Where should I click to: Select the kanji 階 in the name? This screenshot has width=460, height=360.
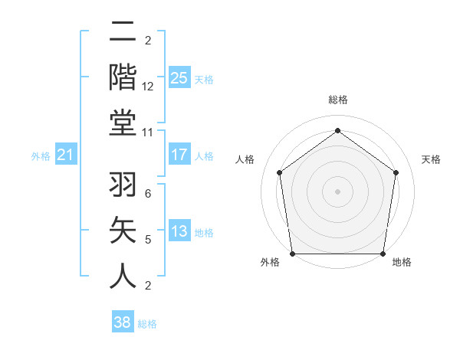[123, 78]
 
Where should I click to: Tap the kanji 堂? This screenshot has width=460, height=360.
[123, 123]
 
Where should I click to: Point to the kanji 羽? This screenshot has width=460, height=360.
[123, 187]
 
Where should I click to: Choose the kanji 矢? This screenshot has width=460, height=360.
[123, 231]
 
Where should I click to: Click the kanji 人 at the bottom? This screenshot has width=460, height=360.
[123, 276]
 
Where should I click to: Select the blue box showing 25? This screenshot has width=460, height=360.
[179, 77]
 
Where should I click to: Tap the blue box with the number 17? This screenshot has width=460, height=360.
[179, 155]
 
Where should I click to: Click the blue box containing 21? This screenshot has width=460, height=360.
[66, 155]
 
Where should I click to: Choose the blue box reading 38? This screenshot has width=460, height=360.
[123, 322]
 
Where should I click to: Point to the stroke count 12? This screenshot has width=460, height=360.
[148, 87]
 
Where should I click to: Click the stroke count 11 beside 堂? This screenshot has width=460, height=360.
[148, 132]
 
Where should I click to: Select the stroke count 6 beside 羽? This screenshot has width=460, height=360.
[147, 195]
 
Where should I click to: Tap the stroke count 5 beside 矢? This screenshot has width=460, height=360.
[147, 240]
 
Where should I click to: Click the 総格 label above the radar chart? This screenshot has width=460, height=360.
[338, 100]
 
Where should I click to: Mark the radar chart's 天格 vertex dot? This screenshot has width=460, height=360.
[396, 172]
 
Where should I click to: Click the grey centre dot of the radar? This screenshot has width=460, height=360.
[337, 191]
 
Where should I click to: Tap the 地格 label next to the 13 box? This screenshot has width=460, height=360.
[204, 233]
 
